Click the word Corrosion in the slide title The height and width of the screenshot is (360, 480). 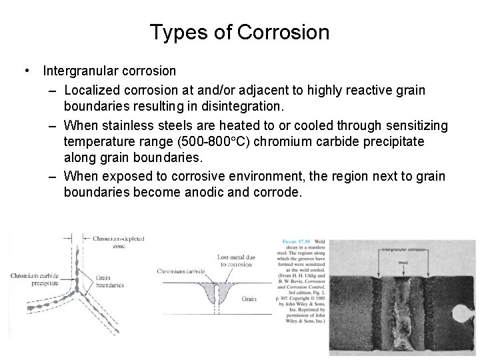click(289, 32)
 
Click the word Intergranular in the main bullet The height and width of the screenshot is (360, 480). click(79, 70)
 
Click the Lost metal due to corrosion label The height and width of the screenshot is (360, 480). click(234, 261)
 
